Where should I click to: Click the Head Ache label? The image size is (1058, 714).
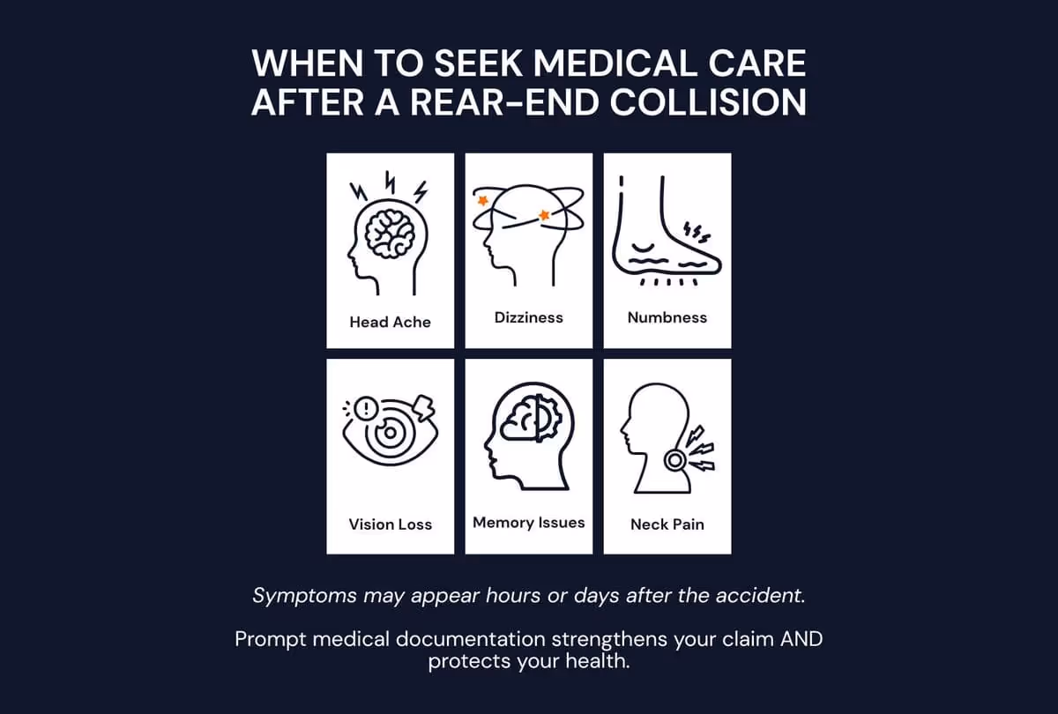(390, 322)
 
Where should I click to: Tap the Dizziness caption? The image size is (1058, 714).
(528, 316)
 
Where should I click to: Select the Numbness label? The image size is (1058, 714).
(667, 316)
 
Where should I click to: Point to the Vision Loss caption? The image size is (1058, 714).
(390, 524)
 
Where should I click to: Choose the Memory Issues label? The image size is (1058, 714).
(528, 523)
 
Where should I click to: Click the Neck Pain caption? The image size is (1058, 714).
(667, 524)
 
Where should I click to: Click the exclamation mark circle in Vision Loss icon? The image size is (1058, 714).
(367, 408)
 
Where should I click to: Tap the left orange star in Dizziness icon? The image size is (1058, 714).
(482, 201)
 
